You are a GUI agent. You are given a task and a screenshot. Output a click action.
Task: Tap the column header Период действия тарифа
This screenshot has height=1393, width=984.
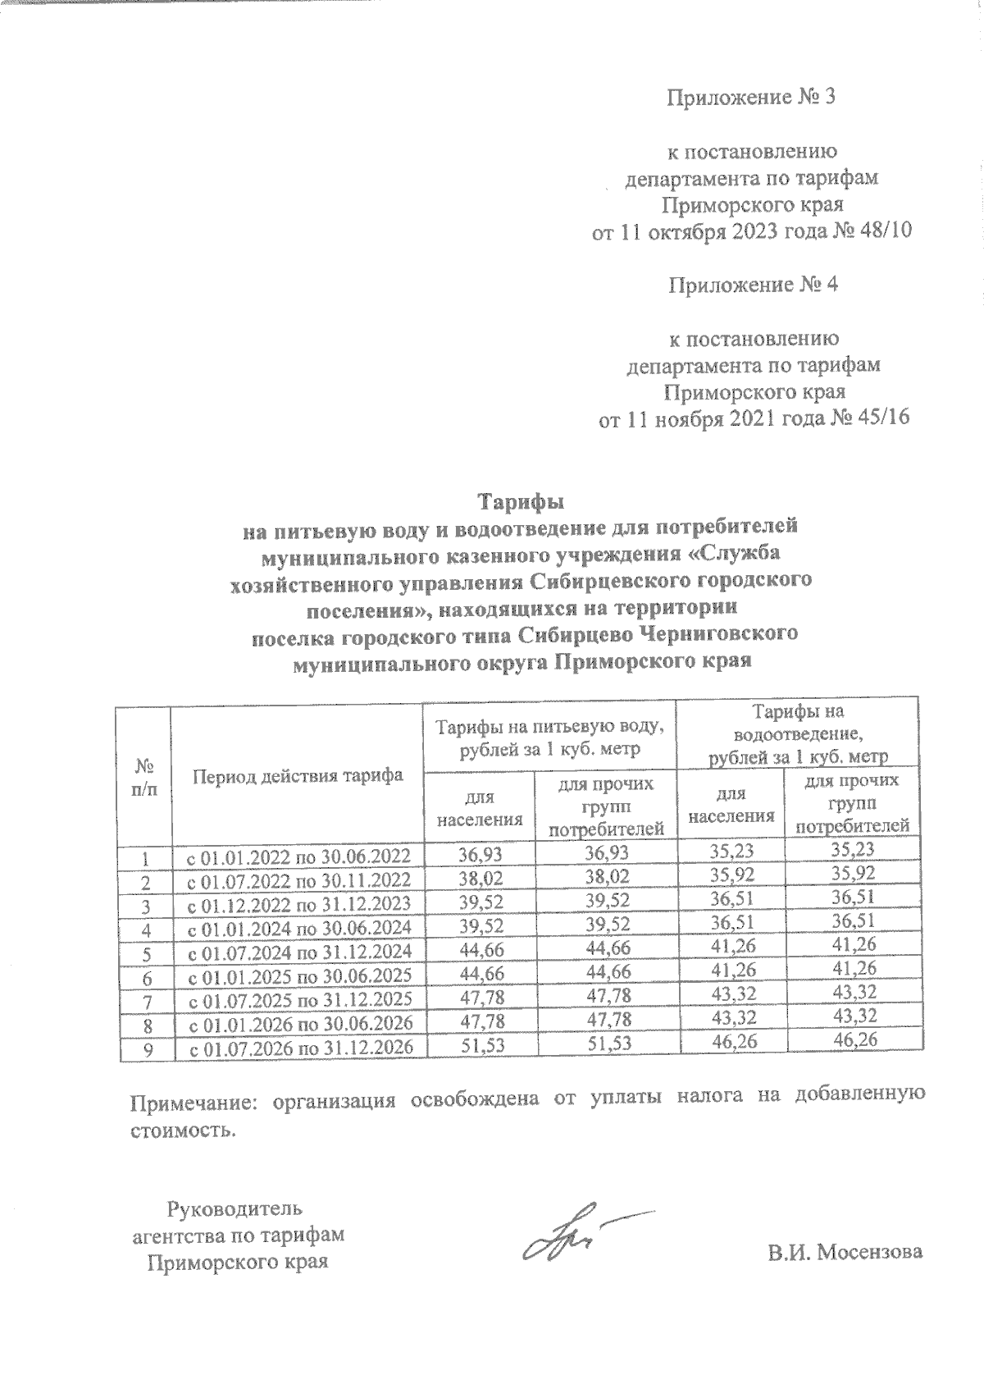tap(298, 775)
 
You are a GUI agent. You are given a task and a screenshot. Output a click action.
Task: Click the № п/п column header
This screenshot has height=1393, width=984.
tap(144, 777)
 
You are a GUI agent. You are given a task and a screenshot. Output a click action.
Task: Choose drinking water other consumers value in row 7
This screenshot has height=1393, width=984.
tap(606, 995)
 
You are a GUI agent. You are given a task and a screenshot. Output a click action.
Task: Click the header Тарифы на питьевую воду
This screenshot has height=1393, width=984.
tap(549, 737)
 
